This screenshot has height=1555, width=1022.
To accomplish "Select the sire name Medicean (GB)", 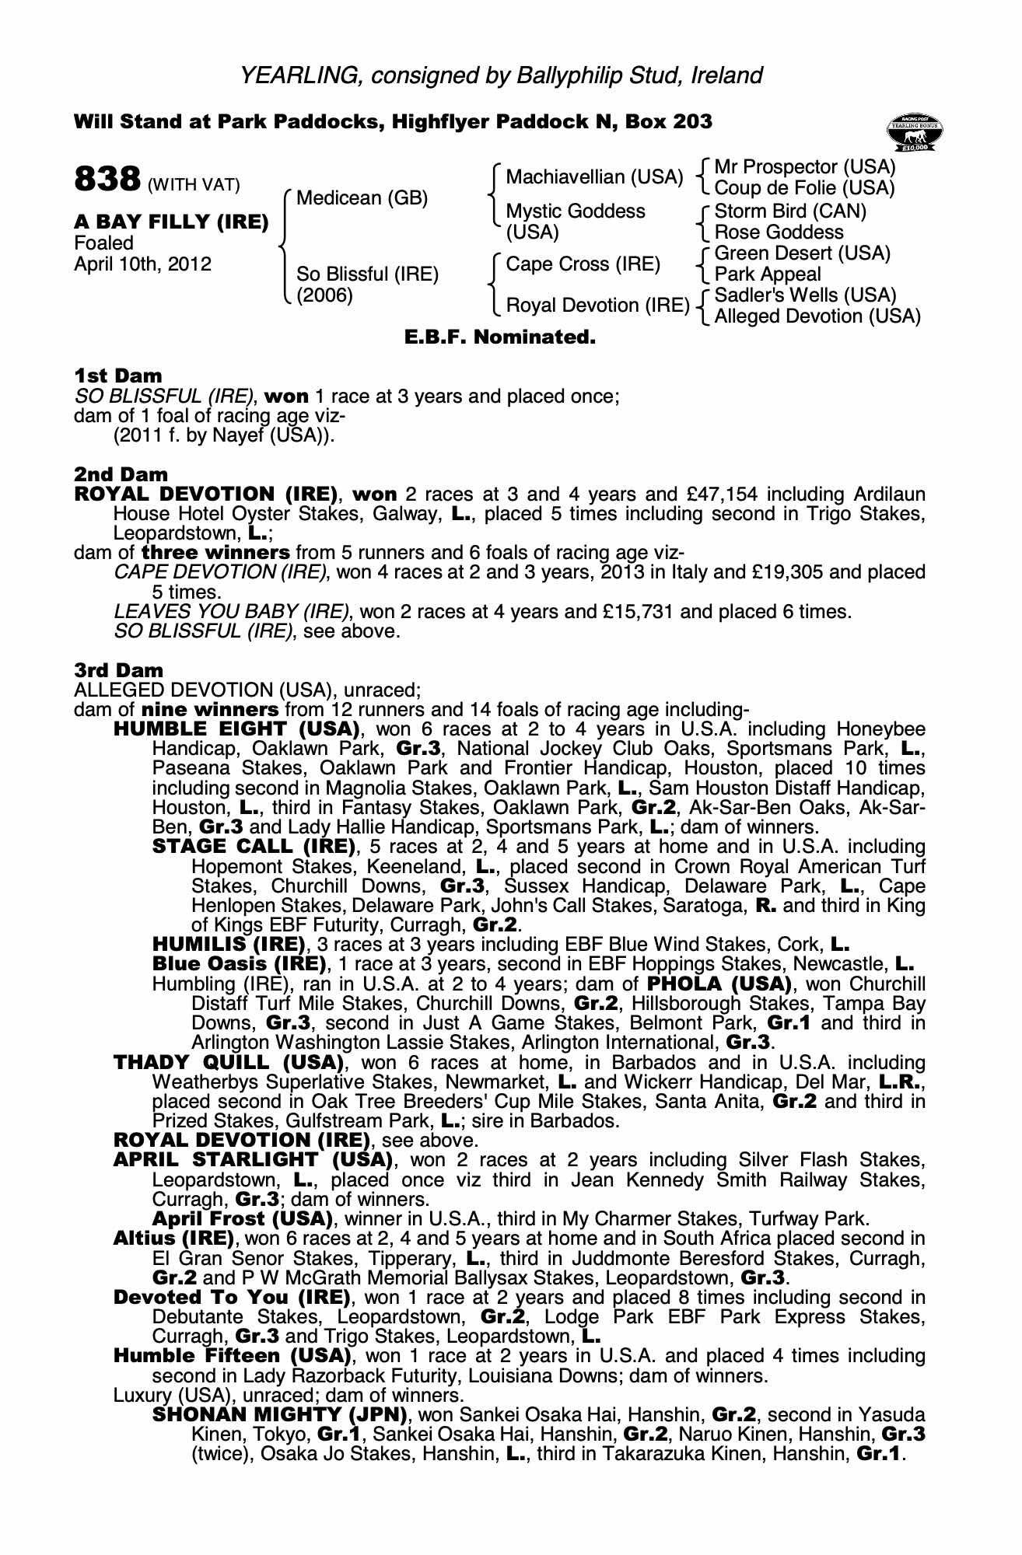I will point(362,198).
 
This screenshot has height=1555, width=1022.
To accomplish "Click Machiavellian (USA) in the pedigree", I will point(594,177).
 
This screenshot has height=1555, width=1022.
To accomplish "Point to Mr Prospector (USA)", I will point(804,167).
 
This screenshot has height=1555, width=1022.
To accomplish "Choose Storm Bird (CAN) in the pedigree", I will point(790,211).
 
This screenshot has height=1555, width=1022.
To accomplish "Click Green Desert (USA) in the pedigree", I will point(802,253).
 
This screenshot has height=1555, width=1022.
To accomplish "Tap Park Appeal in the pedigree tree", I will point(767,274).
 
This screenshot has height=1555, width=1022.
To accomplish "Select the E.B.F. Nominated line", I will point(500,337).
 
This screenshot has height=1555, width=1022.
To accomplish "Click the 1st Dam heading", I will point(118,376).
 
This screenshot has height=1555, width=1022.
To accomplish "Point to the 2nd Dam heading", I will point(121,474).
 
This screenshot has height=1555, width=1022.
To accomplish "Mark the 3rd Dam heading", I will point(119,670).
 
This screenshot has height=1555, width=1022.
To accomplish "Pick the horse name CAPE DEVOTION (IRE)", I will point(220,573).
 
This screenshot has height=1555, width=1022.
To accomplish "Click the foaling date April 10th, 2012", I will point(142,264).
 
